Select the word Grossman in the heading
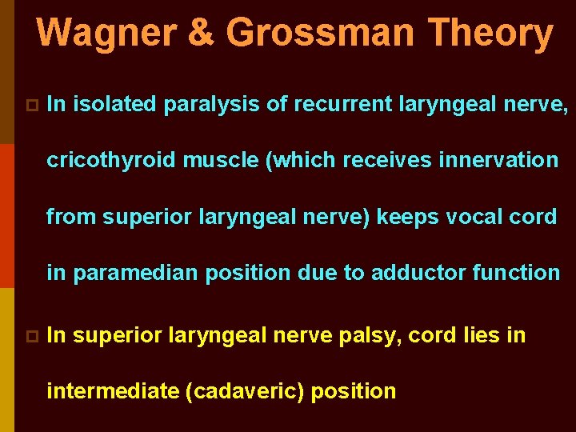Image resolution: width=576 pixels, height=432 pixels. tap(320, 34)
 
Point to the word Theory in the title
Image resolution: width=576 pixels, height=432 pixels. tap(490, 34)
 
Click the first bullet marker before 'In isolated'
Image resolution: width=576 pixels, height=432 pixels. tap(30, 105)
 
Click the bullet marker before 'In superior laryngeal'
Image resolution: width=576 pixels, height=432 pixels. tap(30, 336)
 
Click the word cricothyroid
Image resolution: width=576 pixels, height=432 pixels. tap(111, 160)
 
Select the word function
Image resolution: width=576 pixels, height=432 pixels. tap(517, 273)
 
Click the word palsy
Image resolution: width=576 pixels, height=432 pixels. tap(373, 335)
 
